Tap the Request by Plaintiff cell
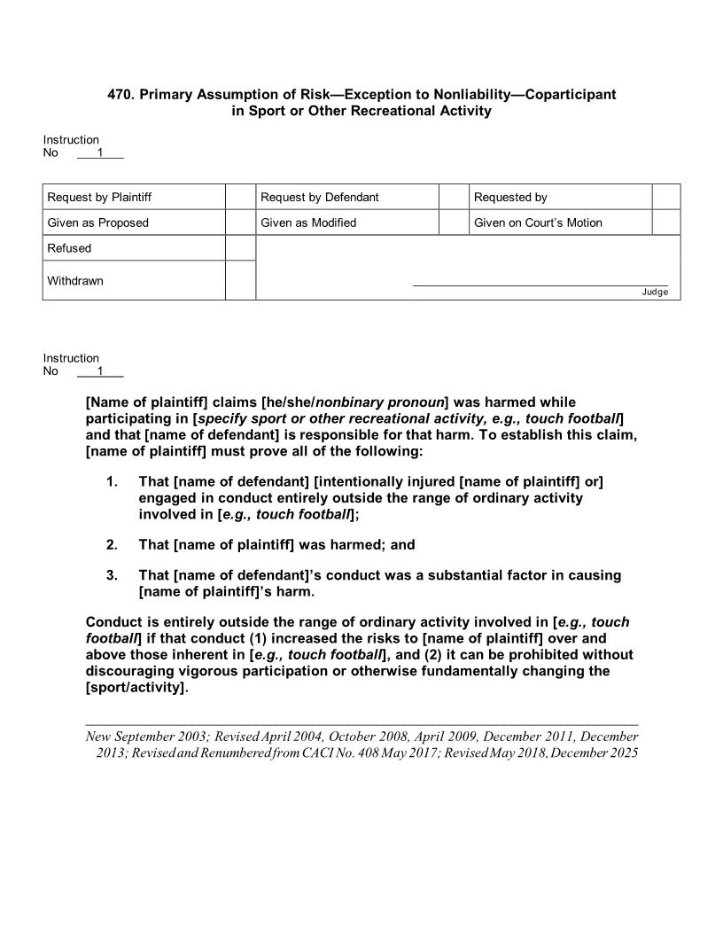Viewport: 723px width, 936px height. (x=93, y=197)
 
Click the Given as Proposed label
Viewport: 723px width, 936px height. (x=97, y=222)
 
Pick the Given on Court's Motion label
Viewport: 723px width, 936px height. (x=538, y=222)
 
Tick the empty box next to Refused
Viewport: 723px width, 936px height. (x=240, y=248)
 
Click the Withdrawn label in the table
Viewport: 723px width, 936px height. (x=75, y=281)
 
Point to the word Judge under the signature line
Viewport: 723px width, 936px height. (x=655, y=292)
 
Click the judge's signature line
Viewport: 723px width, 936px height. (x=540, y=285)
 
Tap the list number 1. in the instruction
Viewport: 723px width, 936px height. (x=112, y=481)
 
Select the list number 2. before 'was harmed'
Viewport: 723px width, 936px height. (x=112, y=544)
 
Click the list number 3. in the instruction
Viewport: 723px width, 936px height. (x=112, y=575)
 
